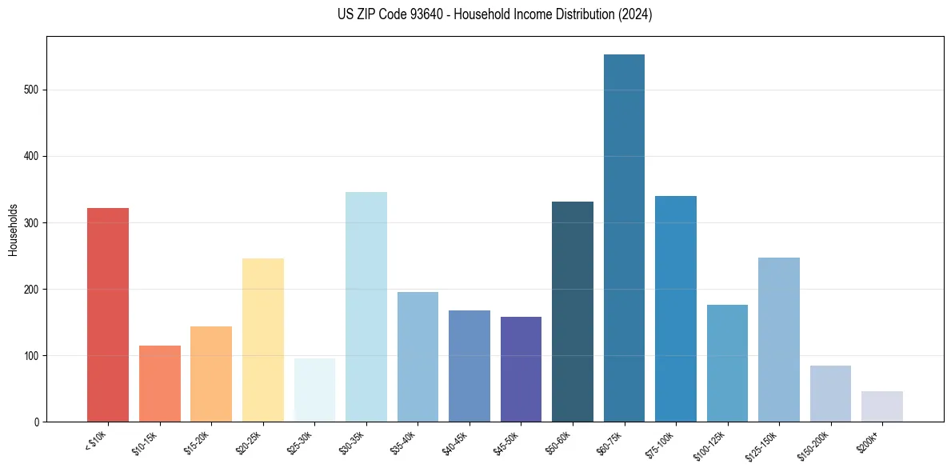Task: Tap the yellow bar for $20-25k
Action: click(x=262, y=339)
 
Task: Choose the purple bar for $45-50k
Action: click(x=521, y=369)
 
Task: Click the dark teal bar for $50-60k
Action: click(x=573, y=311)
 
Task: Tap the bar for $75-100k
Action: click(x=676, y=308)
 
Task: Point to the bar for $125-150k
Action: click(x=779, y=339)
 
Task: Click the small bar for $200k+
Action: click(x=882, y=406)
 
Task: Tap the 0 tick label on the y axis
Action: click(x=37, y=422)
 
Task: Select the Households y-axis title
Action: click(x=14, y=229)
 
